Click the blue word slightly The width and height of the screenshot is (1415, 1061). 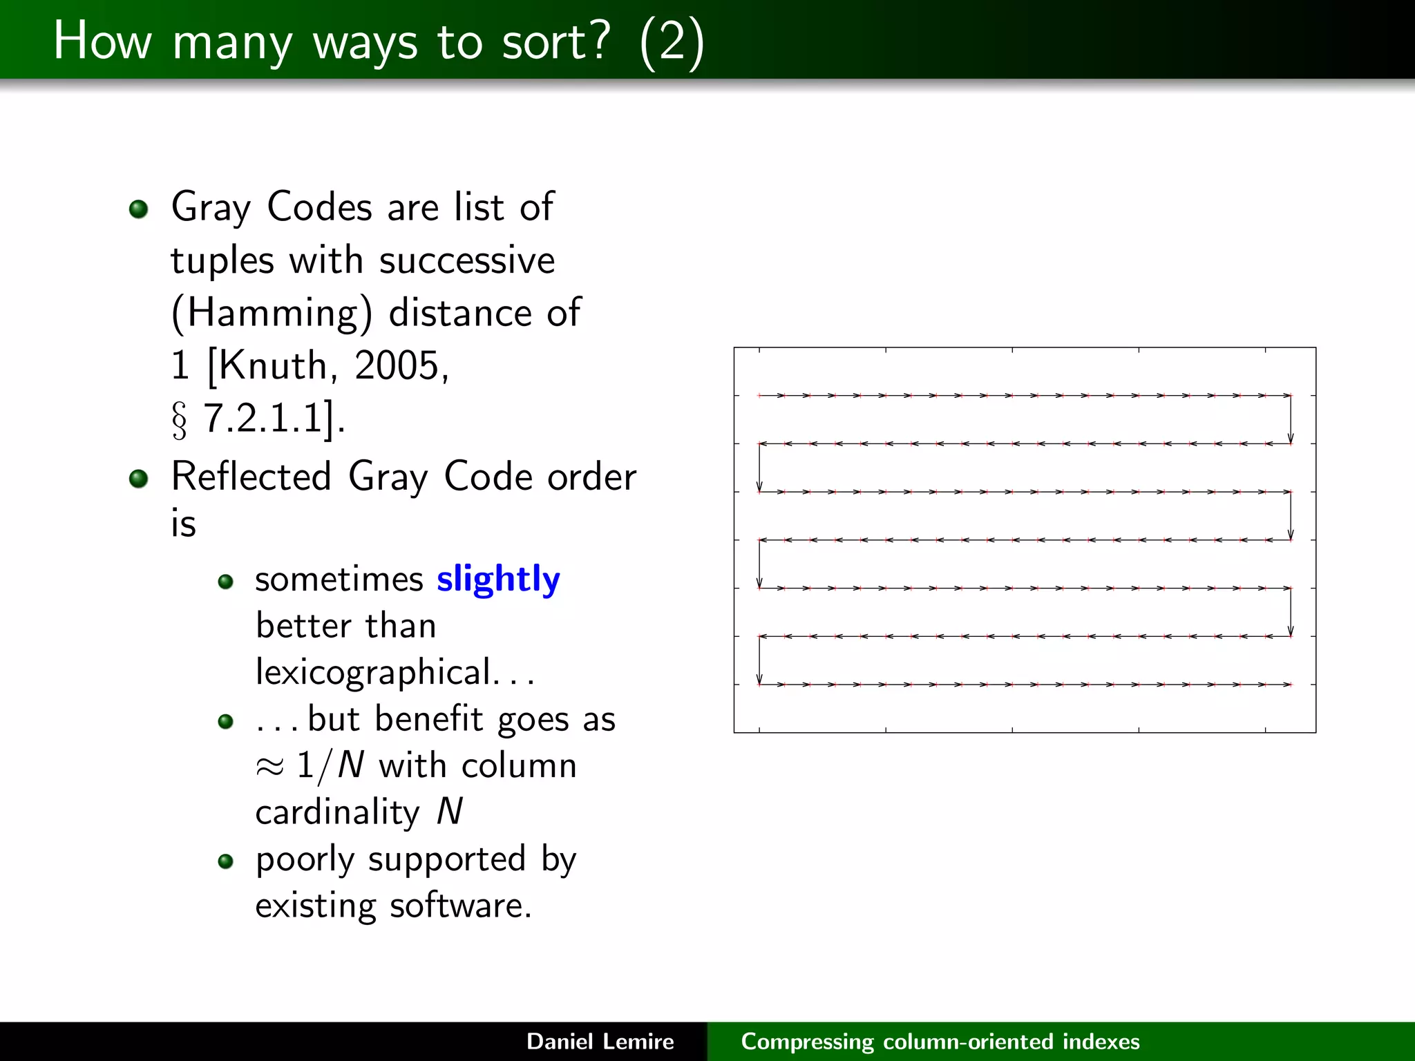[x=497, y=579]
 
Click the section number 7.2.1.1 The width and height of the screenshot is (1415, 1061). [x=263, y=418]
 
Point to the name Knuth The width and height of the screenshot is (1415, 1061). [x=273, y=365]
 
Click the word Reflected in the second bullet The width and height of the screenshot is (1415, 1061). [x=251, y=477]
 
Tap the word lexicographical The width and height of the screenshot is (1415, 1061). [x=374, y=672]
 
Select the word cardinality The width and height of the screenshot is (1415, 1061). [x=337, y=812]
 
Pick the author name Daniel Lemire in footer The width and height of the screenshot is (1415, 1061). [x=600, y=1042]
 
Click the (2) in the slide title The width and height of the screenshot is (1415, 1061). [x=672, y=41]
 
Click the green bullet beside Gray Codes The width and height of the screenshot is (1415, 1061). [x=139, y=209]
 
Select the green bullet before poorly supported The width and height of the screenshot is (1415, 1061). [x=225, y=861]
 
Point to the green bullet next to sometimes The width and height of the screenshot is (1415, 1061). [x=225, y=582]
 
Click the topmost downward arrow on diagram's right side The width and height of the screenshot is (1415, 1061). [x=1290, y=420]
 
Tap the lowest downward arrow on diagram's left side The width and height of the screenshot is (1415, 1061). [x=759, y=661]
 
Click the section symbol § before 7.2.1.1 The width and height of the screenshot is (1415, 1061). [x=179, y=420]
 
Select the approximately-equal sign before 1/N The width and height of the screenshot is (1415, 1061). [x=269, y=767]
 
